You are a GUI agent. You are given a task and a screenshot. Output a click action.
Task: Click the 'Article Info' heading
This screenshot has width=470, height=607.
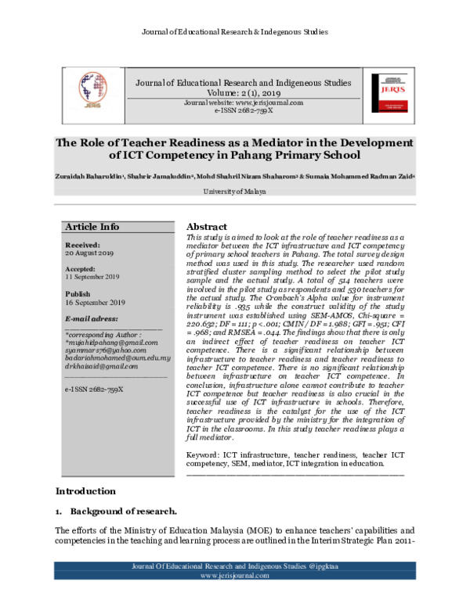pyautogui.click(x=92, y=227)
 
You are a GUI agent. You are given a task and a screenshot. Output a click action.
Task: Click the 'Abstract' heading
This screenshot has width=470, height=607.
pyautogui.click(x=207, y=226)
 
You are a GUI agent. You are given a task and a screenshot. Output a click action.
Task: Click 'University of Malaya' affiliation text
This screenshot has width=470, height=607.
pyautogui.click(x=234, y=191)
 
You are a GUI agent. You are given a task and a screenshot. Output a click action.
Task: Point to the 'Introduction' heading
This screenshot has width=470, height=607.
pyautogui.click(x=85, y=491)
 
